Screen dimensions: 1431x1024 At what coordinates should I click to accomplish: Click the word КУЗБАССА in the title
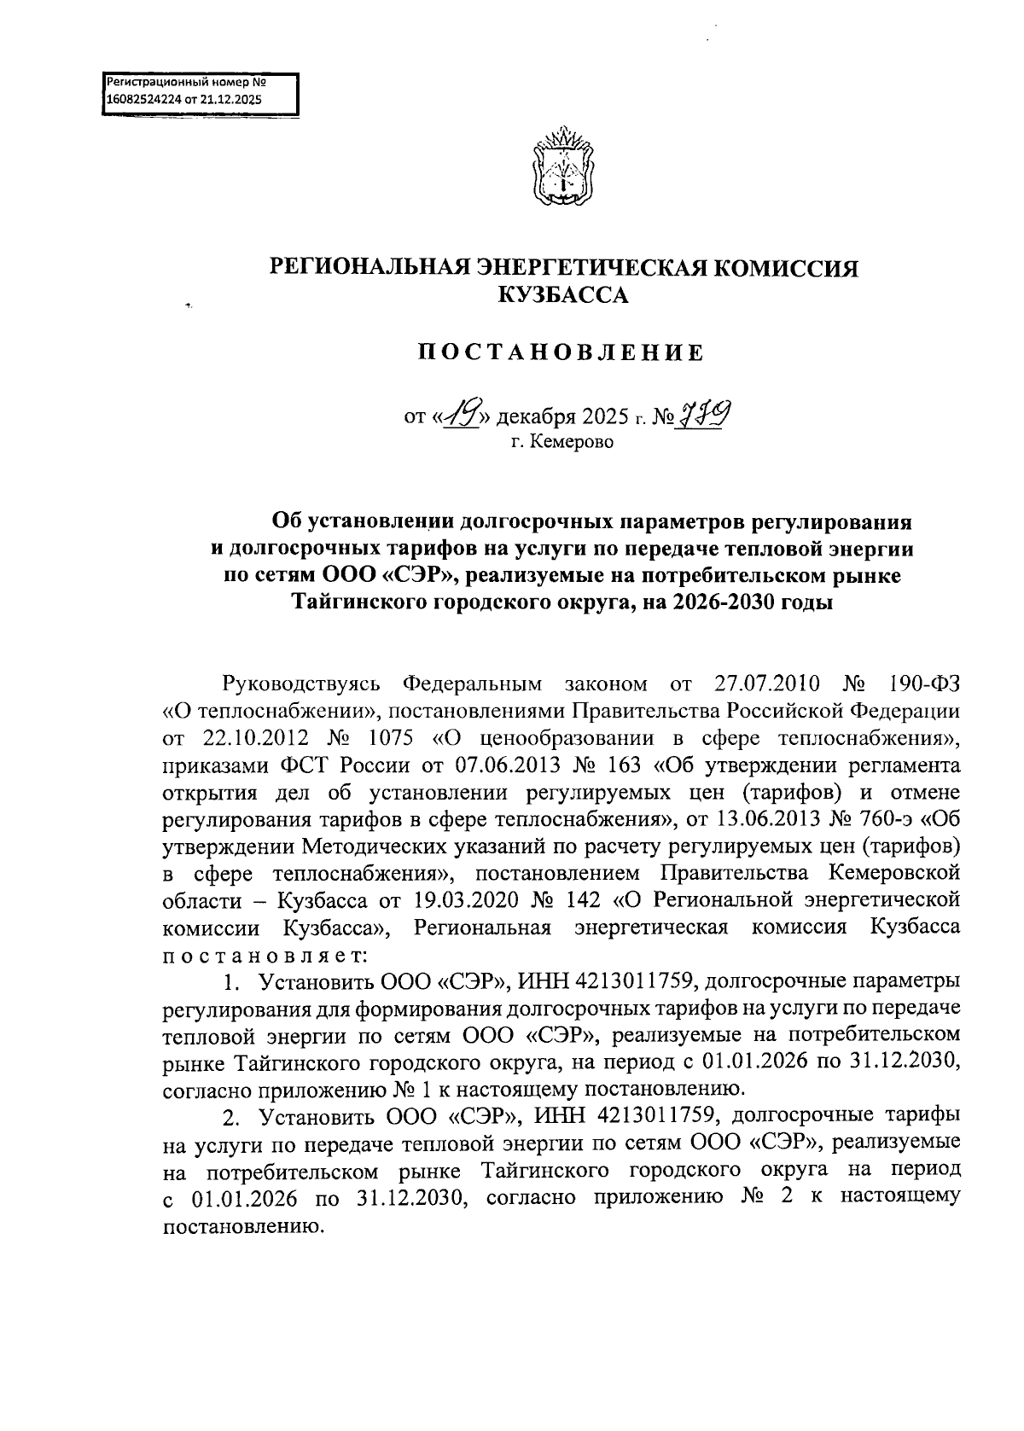pos(562,296)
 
